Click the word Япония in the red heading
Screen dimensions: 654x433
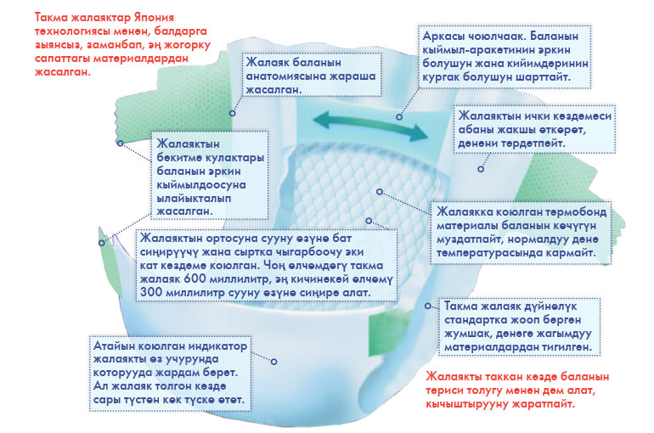(154, 18)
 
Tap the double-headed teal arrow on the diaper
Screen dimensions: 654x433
(370, 126)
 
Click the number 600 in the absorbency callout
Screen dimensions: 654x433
(193, 278)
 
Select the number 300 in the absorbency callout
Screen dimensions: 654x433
(150, 292)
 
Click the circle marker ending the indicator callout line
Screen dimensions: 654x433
(274, 362)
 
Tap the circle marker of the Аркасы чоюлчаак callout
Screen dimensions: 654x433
(399, 117)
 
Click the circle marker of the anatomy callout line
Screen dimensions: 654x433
(233, 113)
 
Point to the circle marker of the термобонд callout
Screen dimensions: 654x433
(380, 192)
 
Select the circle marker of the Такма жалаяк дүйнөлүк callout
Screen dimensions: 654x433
(428, 306)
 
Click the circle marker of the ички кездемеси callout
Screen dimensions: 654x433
(481, 169)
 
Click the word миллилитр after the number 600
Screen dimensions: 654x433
(233, 278)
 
